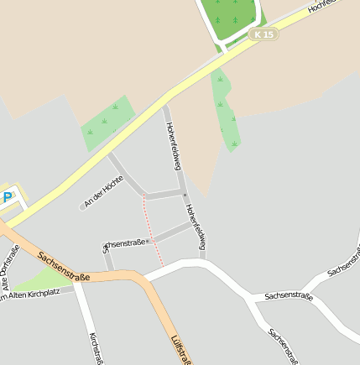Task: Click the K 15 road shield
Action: [x=264, y=34]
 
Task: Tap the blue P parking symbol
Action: [x=8, y=198]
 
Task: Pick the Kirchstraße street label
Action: [x=96, y=347]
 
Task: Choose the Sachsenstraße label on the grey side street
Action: [x=126, y=242]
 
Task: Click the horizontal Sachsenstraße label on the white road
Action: [x=288, y=296]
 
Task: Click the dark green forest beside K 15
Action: [x=228, y=18]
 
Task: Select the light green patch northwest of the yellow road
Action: [x=107, y=123]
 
